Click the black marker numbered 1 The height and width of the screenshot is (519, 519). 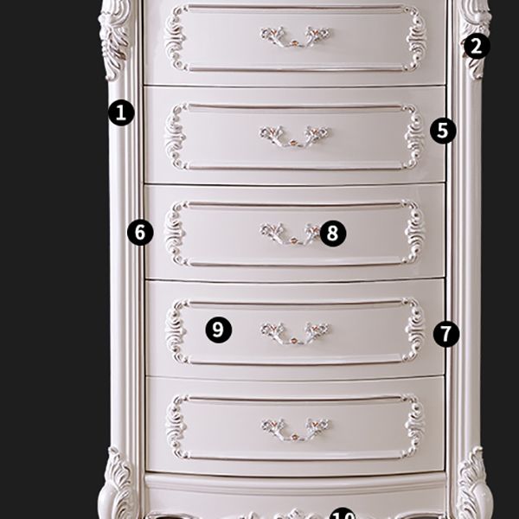tap(122, 112)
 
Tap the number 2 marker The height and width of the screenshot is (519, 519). tap(476, 46)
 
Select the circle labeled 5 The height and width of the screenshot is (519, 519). tap(443, 131)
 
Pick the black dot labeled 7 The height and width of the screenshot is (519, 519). tap(445, 333)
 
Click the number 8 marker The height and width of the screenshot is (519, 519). tap(333, 232)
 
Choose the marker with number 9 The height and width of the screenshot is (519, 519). tap(219, 329)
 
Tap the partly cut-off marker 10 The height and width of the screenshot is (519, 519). tap(343, 513)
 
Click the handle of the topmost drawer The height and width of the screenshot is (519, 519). tap(295, 37)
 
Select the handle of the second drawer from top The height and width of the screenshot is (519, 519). tap(295, 136)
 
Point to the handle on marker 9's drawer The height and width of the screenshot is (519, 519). tap(295, 332)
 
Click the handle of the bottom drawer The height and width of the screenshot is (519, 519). tap(295, 427)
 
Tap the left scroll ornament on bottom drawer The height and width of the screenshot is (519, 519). tap(177, 426)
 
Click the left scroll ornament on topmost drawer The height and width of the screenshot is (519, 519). tap(176, 37)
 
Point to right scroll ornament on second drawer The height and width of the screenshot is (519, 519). tap(413, 136)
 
